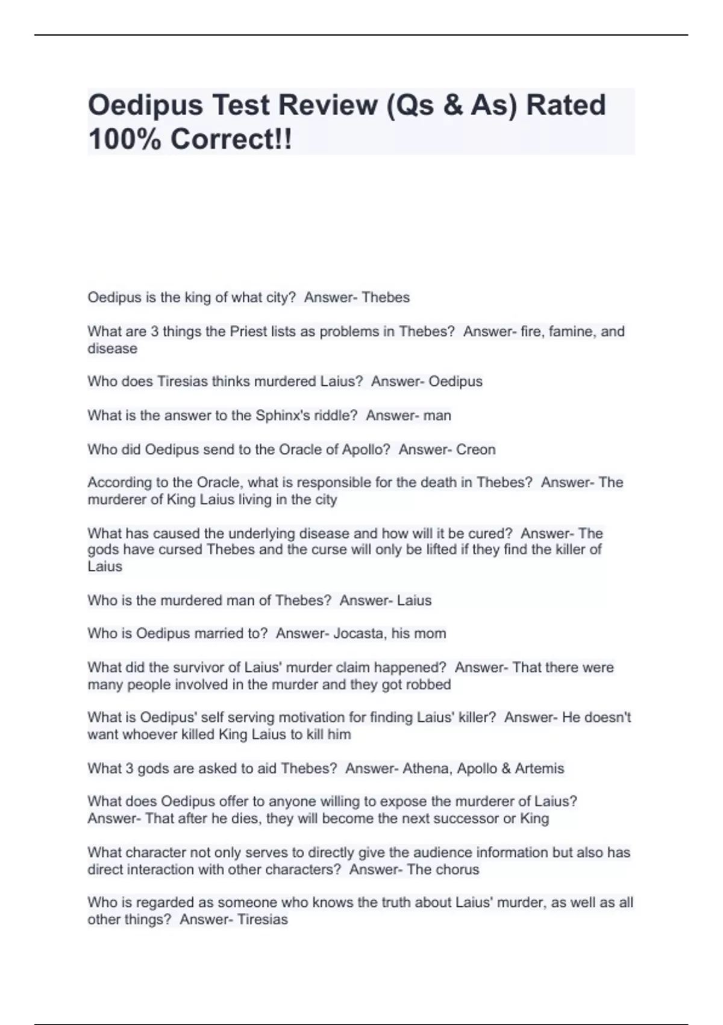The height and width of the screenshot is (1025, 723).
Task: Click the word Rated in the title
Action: pos(566,105)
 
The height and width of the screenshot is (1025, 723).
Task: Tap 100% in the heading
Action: pos(125,139)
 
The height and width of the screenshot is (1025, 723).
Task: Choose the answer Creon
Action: pos(475,450)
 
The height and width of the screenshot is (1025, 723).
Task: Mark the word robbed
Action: pos(429,685)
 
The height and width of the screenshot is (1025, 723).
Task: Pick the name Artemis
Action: pos(539,769)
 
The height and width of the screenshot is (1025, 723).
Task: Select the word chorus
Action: pos(457,869)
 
